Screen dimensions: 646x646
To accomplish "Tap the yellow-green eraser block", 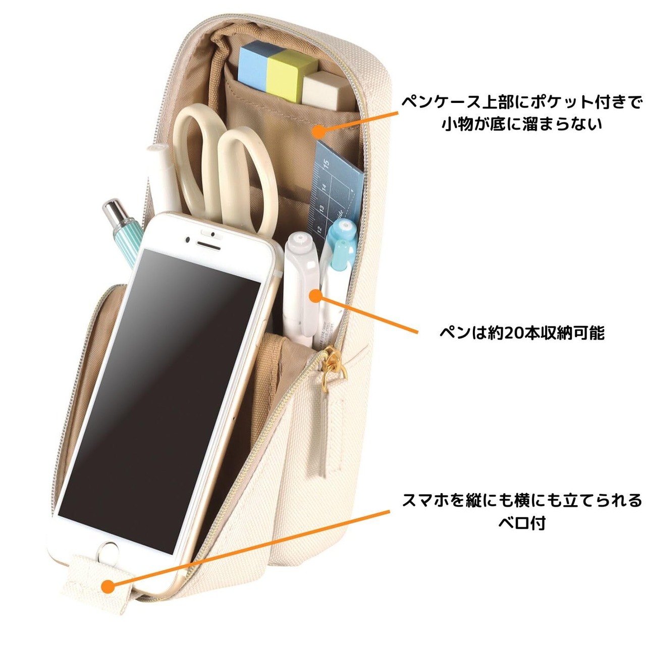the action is coord(290,71).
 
